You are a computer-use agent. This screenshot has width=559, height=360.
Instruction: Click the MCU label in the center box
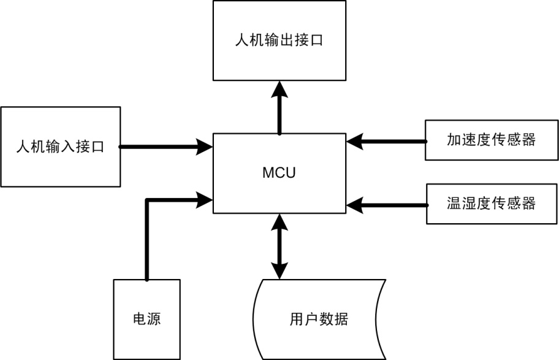tap(279, 172)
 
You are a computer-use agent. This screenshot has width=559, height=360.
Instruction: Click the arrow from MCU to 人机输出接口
tap(279, 110)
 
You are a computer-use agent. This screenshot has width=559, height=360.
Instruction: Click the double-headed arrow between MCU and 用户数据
tap(279, 246)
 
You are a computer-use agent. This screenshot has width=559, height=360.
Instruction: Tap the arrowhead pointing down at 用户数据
tap(279, 271)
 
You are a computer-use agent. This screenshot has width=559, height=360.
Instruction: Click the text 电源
tap(147, 320)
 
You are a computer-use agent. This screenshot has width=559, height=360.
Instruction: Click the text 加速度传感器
tap(491, 140)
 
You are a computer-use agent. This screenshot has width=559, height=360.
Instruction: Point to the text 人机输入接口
tap(60, 147)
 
